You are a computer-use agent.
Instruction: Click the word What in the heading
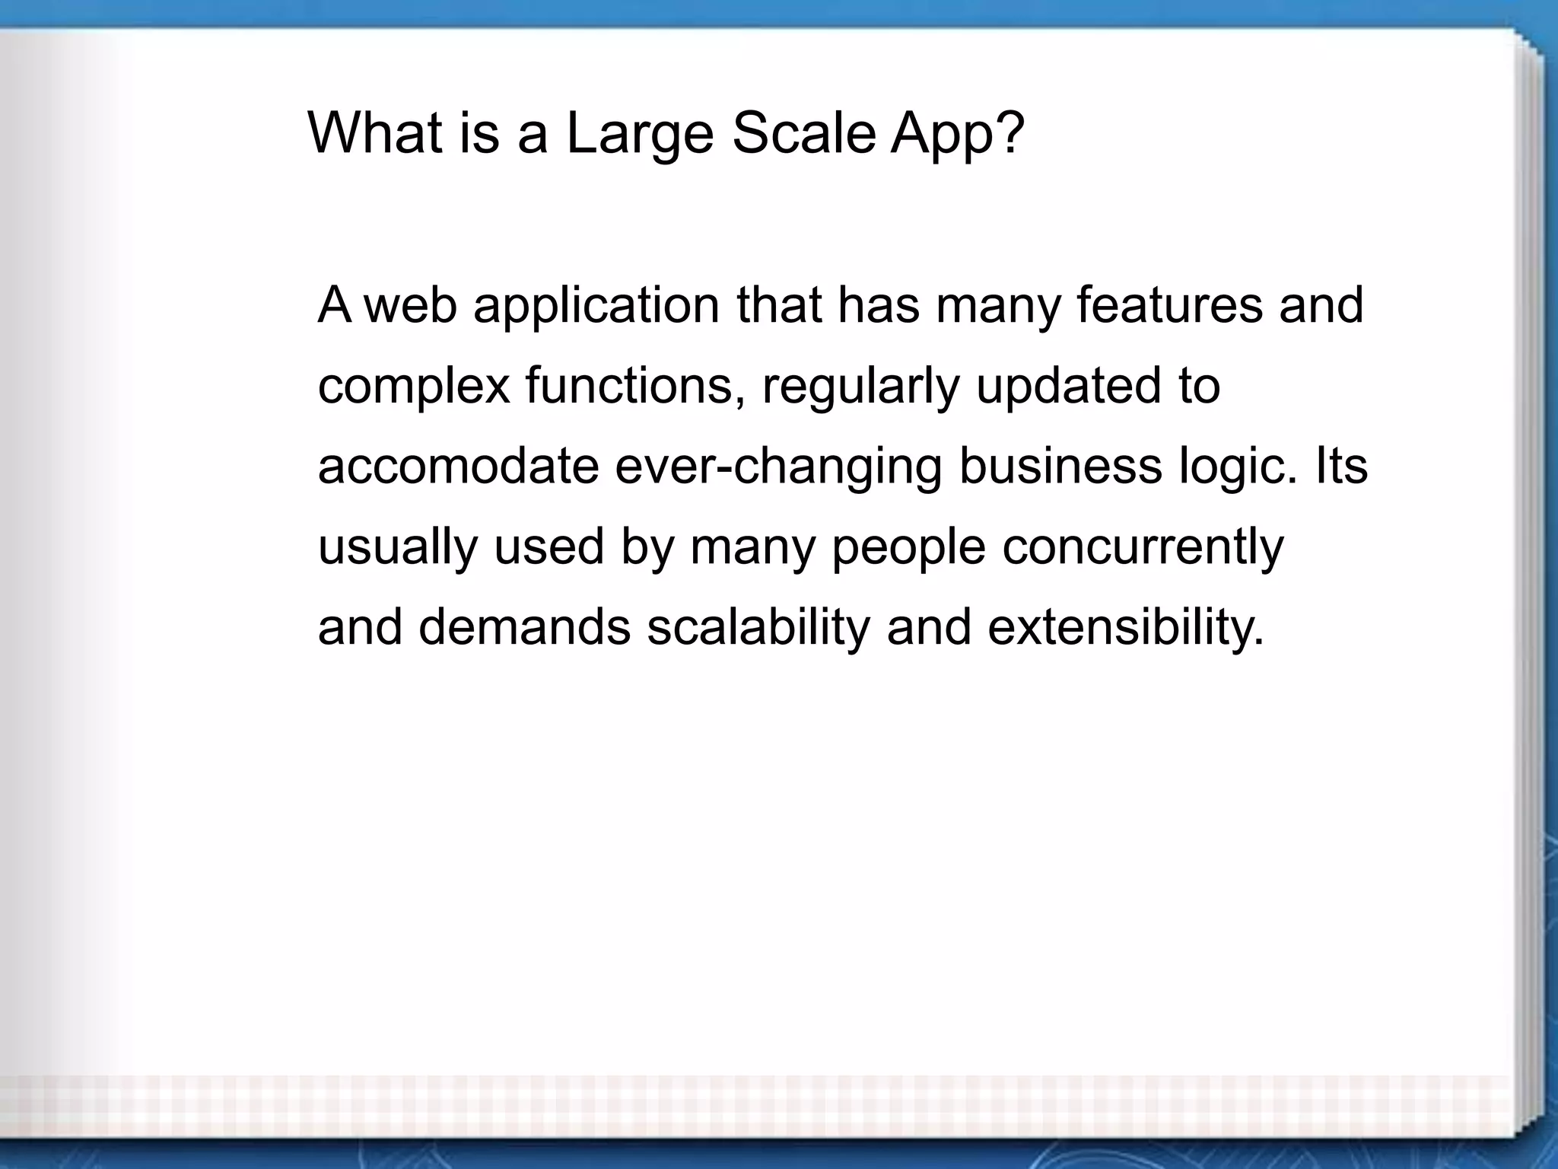point(375,134)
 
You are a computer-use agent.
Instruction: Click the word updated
point(1069,387)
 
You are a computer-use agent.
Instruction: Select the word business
point(1060,466)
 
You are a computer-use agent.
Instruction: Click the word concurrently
point(1143,548)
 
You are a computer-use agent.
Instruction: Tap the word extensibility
point(1125,629)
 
